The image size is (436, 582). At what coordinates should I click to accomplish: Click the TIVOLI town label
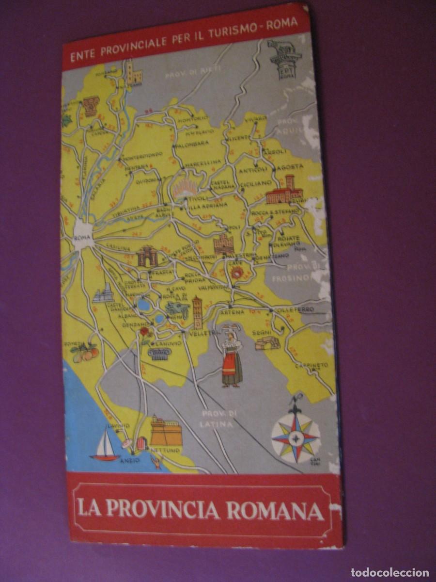click(x=197, y=199)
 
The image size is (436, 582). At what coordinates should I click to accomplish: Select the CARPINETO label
click(x=312, y=365)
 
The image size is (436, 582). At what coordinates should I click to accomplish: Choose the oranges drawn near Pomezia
click(x=87, y=354)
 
